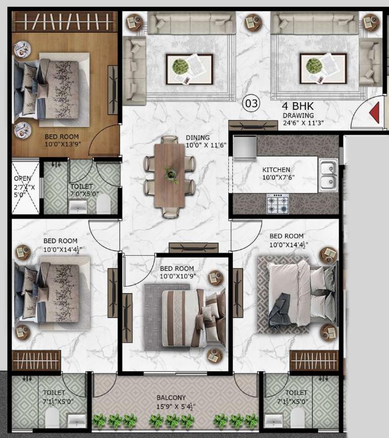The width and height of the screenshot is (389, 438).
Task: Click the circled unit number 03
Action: (x=251, y=104)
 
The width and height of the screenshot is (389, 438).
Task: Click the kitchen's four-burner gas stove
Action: (x=278, y=203)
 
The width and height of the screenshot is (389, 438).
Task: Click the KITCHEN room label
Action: (x=276, y=170)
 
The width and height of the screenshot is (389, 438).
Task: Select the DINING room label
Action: (x=198, y=137)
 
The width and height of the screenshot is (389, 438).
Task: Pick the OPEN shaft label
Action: (x=22, y=178)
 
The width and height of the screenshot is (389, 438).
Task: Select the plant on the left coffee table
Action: (x=179, y=66)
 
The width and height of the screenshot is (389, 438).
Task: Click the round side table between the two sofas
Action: (x=251, y=23)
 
